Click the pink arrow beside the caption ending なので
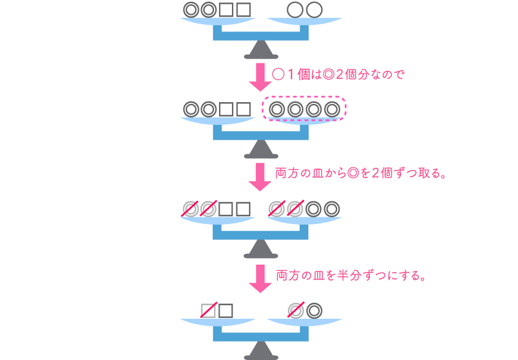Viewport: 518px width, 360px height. coord(260,77)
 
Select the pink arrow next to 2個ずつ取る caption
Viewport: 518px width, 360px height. coord(260,177)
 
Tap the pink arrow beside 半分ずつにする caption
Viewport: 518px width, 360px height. coord(260,279)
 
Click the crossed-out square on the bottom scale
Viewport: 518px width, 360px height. coord(208,311)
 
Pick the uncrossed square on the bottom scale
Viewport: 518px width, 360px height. coord(226,311)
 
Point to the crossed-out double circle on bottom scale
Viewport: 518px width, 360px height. coord(296,311)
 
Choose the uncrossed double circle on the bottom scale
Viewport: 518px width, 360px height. coord(314,311)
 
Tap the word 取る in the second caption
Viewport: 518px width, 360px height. coord(429,173)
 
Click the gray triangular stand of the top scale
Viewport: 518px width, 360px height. coord(261,50)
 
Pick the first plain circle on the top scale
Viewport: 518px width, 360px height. coord(295,10)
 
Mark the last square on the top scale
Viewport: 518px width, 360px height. coord(244,10)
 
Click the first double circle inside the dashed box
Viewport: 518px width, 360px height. coord(277,109)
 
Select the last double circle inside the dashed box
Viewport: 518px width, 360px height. coord(332,109)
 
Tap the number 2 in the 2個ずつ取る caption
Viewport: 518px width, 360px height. coord(375,173)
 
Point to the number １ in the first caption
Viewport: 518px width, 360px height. coord(291,74)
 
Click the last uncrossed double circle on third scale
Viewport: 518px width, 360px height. coord(332,209)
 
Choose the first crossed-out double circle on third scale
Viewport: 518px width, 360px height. coord(190,209)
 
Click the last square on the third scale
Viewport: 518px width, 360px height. coord(243,209)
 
